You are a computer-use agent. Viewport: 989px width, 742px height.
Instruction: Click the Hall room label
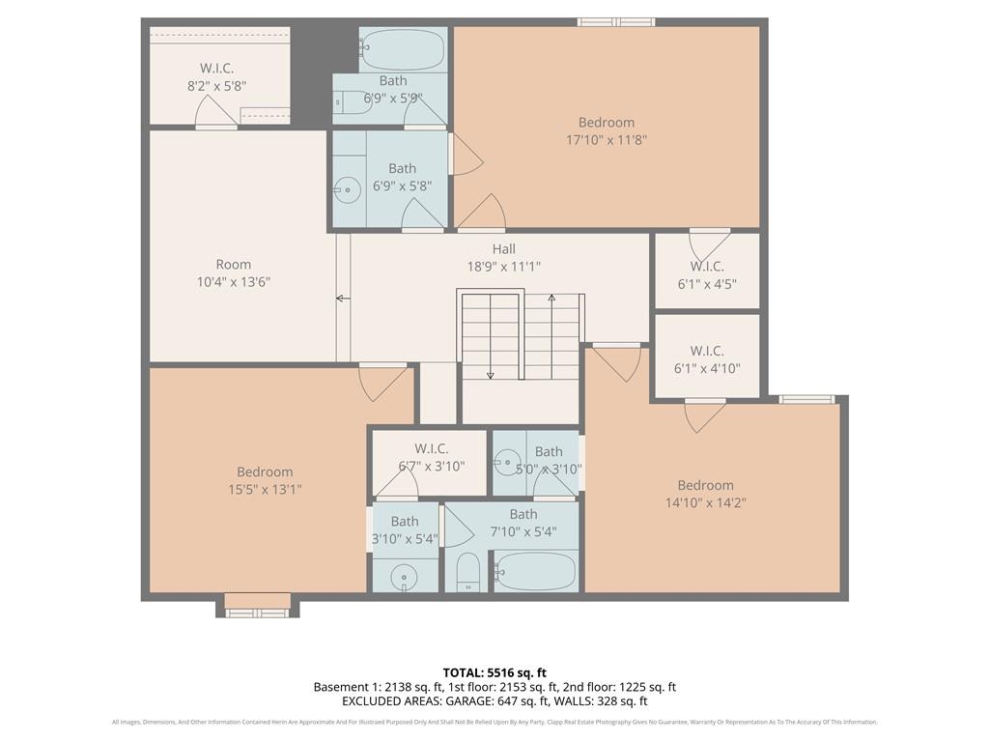(503, 249)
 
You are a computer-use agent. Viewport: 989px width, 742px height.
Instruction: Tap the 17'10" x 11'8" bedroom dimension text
(607, 140)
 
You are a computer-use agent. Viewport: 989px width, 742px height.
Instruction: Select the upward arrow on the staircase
(551, 300)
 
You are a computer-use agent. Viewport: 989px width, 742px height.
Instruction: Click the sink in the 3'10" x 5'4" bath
(404, 575)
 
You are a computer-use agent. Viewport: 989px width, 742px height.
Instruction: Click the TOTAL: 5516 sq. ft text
(494, 672)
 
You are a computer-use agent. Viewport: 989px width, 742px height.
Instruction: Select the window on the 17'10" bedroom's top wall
(616, 21)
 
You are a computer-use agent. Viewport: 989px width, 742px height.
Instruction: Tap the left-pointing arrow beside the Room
(342, 299)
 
